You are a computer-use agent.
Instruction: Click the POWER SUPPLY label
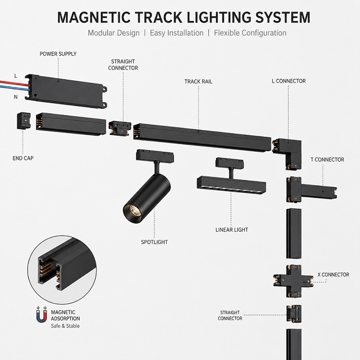[58, 54]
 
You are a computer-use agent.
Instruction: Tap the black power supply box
[66, 91]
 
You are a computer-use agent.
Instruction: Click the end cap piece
[24, 120]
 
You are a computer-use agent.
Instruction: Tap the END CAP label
[23, 158]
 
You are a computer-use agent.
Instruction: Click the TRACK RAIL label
[198, 82]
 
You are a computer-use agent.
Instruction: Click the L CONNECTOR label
[288, 81]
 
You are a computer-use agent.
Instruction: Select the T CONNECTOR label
[327, 159]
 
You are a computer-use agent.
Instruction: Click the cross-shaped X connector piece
[293, 281]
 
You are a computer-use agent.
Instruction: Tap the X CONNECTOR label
[333, 275]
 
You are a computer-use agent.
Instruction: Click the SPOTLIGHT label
[154, 242]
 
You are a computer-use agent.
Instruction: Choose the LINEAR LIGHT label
[232, 230]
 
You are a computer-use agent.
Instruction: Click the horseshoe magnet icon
[42, 314]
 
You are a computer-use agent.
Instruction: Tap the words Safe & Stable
[65, 326]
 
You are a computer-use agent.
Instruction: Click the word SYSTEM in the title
[283, 17]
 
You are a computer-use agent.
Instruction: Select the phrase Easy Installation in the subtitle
[177, 33]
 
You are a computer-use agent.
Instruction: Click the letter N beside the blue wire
[16, 97]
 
